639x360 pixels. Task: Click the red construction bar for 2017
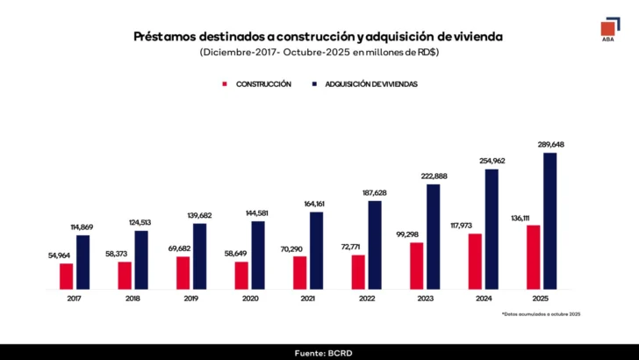tap(66, 276)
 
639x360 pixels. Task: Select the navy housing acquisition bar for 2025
tap(550, 220)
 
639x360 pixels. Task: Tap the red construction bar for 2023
tap(416, 265)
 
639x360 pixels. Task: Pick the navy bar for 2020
tap(258, 255)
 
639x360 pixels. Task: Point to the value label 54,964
tap(61, 255)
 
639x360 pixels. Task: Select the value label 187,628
tap(376, 192)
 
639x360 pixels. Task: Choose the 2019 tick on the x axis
tap(191, 298)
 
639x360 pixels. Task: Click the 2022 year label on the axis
tap(366, 298)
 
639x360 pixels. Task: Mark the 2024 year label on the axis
tap(483, 298)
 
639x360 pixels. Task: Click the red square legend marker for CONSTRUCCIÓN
tap(225, 83)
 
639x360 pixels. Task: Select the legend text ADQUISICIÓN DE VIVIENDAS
tap(371, 83)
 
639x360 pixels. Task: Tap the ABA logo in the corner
tap(607, 28)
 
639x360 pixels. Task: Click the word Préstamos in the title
tap(166, 36)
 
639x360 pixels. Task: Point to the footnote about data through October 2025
tap(541, 313)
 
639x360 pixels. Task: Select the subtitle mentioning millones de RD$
tap(319, 53)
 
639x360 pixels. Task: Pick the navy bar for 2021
tap(317, 250)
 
